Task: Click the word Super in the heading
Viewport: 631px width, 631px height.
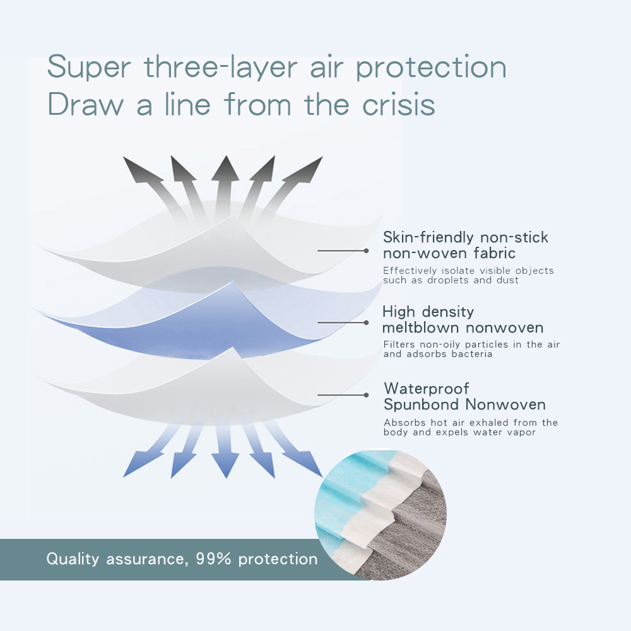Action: (x=89, y=68)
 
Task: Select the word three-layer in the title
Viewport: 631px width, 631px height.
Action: (x=220, y=68)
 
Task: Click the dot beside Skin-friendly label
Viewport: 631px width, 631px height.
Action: (x=366, y=251)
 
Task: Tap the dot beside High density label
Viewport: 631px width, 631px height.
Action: (x=366, y=322)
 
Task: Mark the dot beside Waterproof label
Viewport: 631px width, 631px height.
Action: (x=366, y=395)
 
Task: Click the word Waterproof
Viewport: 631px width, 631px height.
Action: (x=426, y=389)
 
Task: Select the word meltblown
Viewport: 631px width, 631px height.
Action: (x=420, y=327)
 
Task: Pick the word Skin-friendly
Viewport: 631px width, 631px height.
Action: (x=428, y=238)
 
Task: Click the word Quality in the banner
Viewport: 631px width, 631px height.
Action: (x=73, y=559)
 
